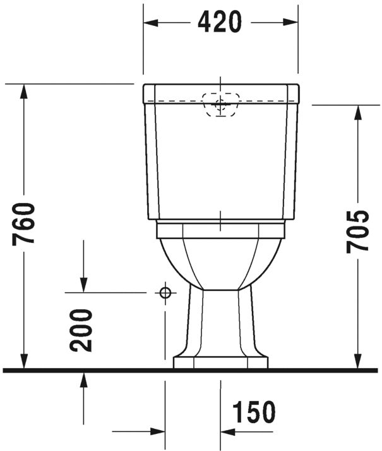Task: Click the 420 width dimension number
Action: click(220, 22)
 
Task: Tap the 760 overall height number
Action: click(25, 224)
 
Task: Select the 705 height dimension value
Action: click(358, 230)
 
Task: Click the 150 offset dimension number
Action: click(254, 412)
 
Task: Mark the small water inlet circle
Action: click(165, 292)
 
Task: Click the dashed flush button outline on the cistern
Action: click(220, 103)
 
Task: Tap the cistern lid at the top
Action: click(220, 92)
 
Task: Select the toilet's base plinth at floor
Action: click(220, 362)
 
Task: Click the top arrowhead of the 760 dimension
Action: click(25, 90)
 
